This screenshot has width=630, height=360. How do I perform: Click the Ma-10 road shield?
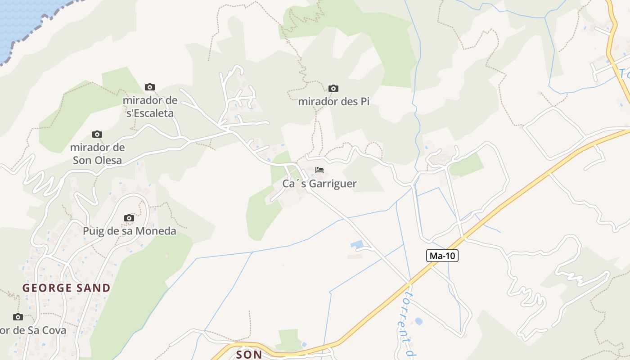pos(442,256)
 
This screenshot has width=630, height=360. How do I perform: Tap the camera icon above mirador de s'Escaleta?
pos(150,87)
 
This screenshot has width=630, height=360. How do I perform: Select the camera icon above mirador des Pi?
pos(333,88)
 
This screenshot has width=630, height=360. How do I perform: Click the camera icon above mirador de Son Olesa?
pos(97,134)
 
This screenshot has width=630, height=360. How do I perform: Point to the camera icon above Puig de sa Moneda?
pos(129,218)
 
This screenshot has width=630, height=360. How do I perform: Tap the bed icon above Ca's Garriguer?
pos(319,170)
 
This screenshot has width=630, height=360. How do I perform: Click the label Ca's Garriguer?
pos(319,184)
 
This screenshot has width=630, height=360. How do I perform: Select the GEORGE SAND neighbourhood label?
pos(67,288)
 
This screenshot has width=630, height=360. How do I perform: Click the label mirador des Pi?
pos(333,101)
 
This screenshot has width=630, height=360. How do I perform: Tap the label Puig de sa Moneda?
pos(129,231)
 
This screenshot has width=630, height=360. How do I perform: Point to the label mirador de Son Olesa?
pos(97,153)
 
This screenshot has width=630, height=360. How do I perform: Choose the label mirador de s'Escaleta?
pos(150,107)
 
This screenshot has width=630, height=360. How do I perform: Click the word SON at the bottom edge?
pos(249,355)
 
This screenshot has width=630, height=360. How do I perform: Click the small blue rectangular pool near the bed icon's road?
pos(357,244)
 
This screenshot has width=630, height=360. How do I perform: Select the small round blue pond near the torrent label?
pos(418,321)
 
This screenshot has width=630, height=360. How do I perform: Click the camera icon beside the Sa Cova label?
pos(18,317)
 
